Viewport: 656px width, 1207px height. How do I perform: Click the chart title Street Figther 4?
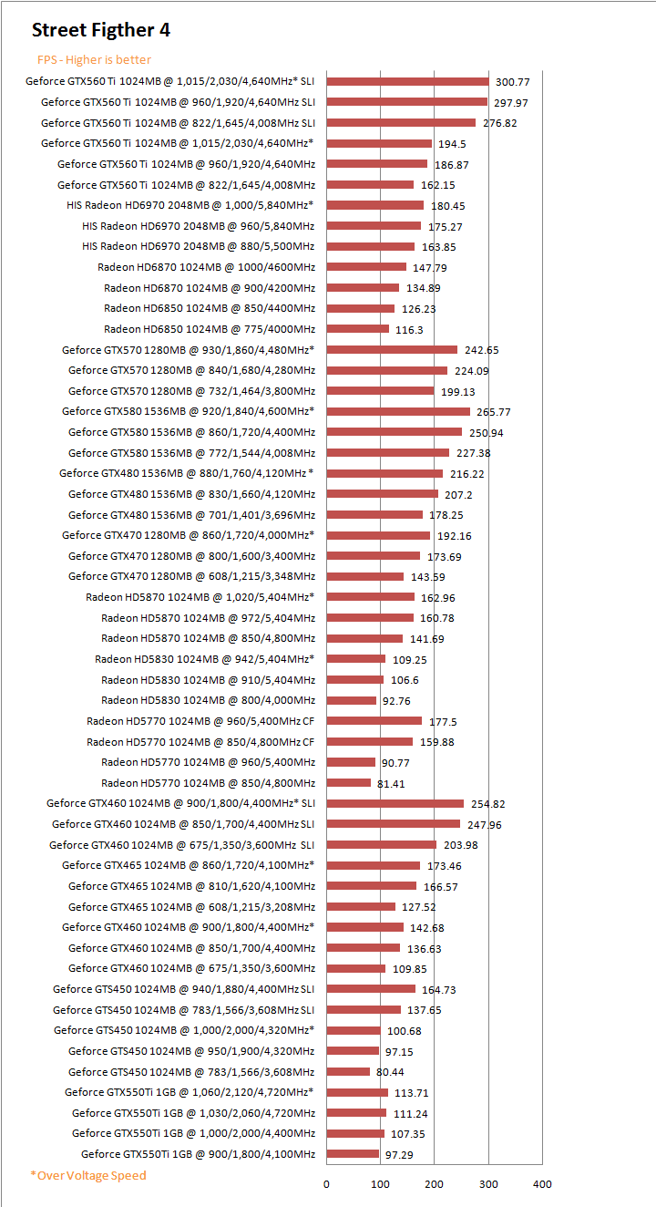click(x=101, y=30)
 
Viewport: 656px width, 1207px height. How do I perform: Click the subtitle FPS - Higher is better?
click(x=94, y=60)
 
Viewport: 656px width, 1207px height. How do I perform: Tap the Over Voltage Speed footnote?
click(x=87, y=1175)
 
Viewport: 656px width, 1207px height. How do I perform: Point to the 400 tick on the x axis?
click(x=542, y=1184)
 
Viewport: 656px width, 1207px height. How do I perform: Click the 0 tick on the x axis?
click(x=327, y=1184)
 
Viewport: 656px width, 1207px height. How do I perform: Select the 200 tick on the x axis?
click(x=435, y=1184)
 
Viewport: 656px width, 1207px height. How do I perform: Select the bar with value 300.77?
click(x=407, y=81)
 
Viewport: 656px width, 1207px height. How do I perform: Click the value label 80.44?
click(x=390, y=1072)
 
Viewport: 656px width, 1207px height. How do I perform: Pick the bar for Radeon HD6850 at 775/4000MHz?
click(x=357, y=329)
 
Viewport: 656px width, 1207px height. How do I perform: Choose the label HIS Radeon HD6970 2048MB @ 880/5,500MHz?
click(x=198, y=246)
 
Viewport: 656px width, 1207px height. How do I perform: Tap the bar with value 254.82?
click(x=395, y=803)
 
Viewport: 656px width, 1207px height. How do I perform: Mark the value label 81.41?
click(x=391, y=783)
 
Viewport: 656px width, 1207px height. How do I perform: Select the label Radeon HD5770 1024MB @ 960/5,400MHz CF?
click(x=200, y=721)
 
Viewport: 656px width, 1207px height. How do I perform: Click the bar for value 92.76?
click(x=351, y=700)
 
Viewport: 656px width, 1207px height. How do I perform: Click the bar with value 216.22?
click(x=384, y=473)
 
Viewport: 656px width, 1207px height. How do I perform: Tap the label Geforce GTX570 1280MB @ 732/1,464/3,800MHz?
click(x=191, y=391)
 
